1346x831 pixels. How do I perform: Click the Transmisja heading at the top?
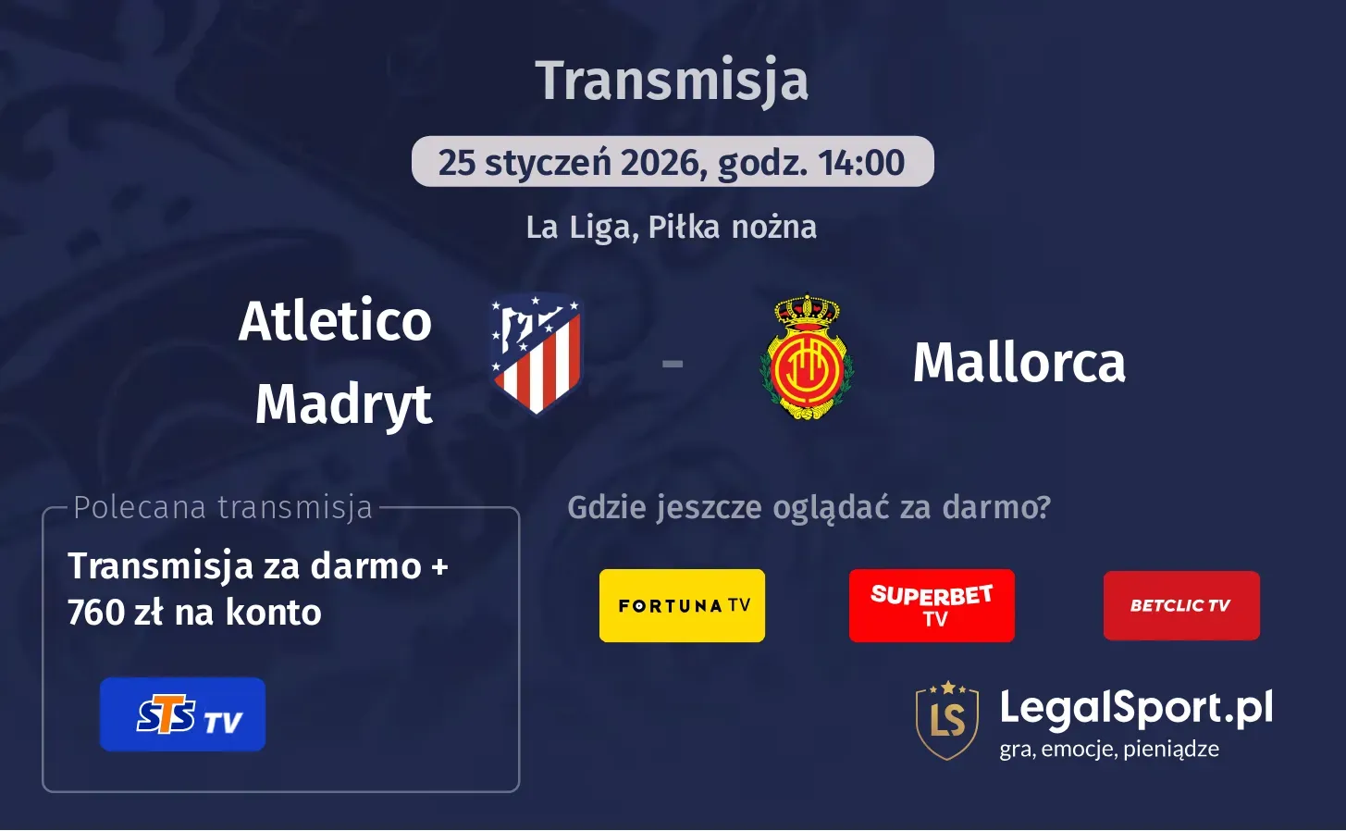(672, 81)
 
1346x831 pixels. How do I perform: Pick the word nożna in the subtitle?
(774, 227)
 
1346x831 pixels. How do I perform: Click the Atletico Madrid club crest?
(536, 353)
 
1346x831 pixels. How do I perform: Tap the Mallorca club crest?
(807, 358)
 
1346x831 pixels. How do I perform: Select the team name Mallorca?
(1019, 362)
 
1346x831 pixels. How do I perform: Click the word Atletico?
(335, 321)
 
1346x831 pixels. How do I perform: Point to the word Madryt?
(343, 404)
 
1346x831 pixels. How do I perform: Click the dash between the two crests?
(673, 364)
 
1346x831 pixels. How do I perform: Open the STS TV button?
(182, 714)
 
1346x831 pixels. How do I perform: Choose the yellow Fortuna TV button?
(682, 605)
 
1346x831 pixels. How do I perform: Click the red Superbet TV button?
(932, 605)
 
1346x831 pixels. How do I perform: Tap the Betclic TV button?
(1181, 605)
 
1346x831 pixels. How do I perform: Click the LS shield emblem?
(947, 720)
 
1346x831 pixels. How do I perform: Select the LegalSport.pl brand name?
(1136, 709)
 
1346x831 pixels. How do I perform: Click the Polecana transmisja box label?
(222, 507)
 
